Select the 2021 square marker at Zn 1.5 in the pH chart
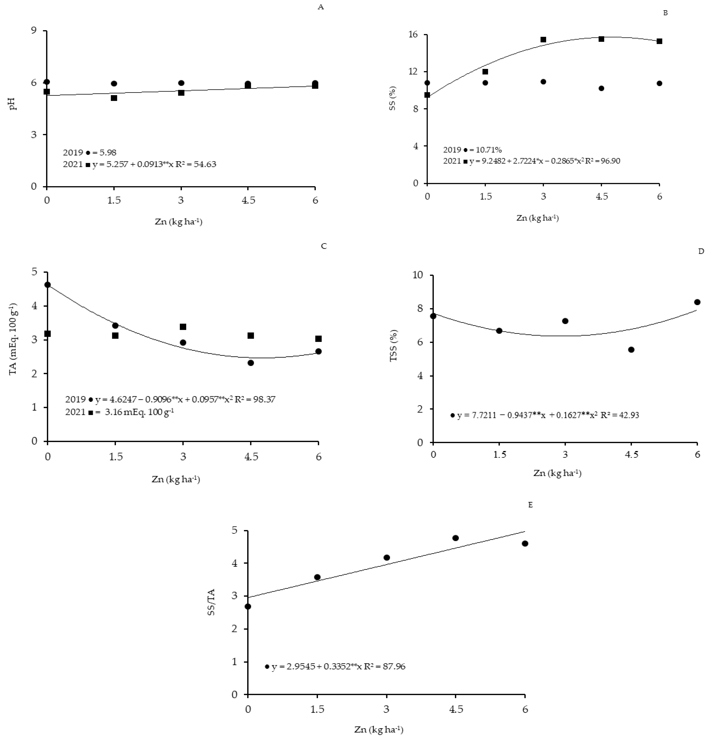[114, 98]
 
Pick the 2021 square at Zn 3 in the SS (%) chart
[543, 40]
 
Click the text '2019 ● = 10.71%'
[472, 150]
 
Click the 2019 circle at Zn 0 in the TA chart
[48, 285]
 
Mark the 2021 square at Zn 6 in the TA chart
[318, 339]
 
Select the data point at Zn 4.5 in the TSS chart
[631, 349]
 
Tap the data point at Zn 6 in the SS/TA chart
[525, 543]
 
